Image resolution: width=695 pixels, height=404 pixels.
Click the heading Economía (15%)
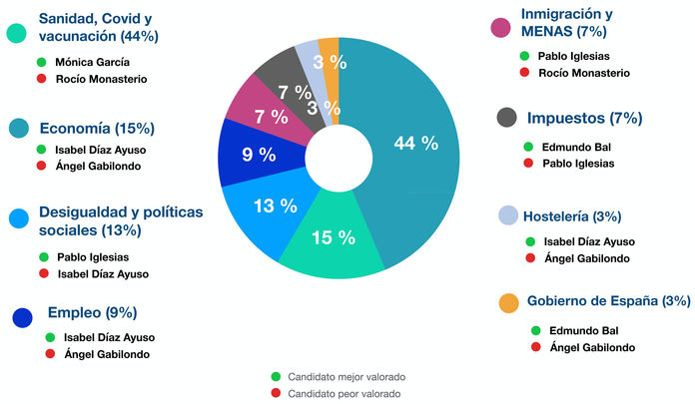click(x=96, y=128)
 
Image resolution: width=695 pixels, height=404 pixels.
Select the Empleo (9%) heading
click(x=92, y=312)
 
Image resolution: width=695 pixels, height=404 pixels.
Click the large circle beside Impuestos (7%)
click(x=507, y=119)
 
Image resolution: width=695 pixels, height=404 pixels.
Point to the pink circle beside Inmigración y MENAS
click(x=502, y=26)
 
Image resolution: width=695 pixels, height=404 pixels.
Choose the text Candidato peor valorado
click(x=344, y=394)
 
